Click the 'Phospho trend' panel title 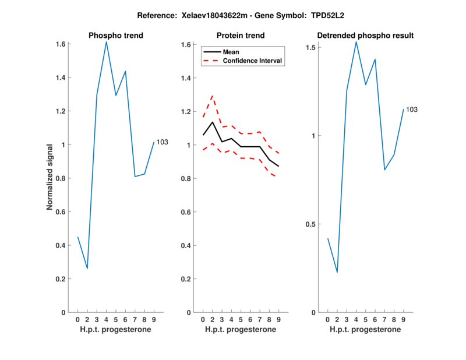point(115,36)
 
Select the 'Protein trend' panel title point(240,36)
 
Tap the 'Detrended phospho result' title point(365,36)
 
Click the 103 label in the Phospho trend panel point(162,142)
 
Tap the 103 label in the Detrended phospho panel point(412,110)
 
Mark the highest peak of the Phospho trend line point(106,41)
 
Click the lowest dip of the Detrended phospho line point(337,272)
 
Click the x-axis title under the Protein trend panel point(240,329)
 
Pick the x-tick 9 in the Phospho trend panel point(153,319)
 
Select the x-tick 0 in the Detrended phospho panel point(328,319)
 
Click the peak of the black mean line point(213,122)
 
